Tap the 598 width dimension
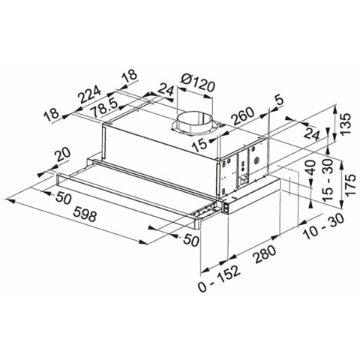tap(85, 215)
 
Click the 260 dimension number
tap(242, 115)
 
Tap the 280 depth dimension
tap(265, 253)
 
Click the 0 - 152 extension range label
tap(219, 278)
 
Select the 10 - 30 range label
tap(323, 226)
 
